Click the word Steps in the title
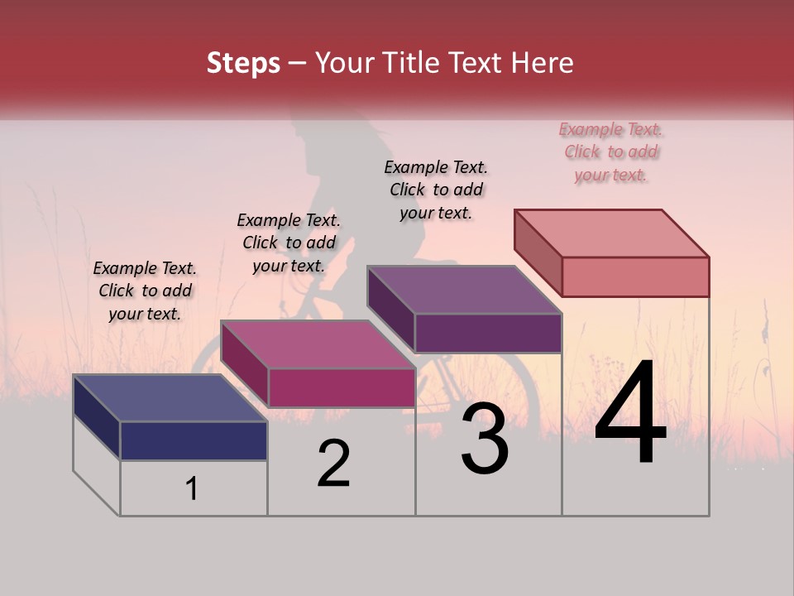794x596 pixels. pyautogui.click(x=243, y=63)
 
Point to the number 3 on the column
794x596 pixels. pyautogui.click(x=485, y=439)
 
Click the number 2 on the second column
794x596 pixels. pyautogui.click(x=333, y=464)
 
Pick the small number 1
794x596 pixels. pyautogui.click(x=192, y=489)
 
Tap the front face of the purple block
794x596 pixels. pyautogui.click(x=488, y=333)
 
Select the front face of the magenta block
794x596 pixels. pyautogui.click(x=342, y=387)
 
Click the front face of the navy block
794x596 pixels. pyautogui.click(x=194, y=440)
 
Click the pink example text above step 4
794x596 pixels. pyautogui.click(x=610, y=151)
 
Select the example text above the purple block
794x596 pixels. pyautogui.click(x=436, y=190)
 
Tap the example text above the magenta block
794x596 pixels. pyautogui.click(x=289, y=243)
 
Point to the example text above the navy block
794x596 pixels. pyautogui.click(x=145, y=291)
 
